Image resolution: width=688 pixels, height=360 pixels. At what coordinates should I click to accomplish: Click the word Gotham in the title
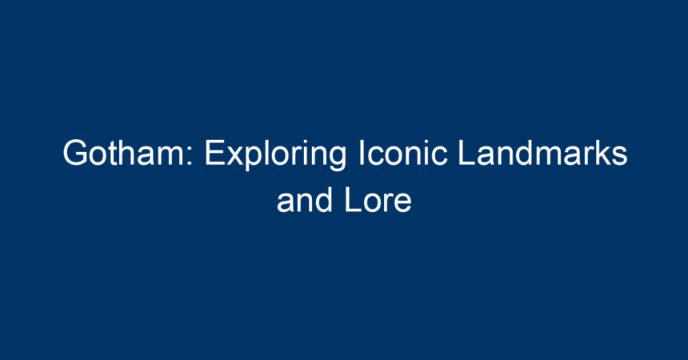[124, 153]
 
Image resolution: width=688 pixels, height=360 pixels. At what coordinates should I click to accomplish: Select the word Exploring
[275, 155]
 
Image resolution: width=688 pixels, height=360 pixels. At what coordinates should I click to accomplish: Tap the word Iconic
[403, 153]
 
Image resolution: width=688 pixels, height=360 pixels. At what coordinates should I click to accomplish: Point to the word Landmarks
[542, 153]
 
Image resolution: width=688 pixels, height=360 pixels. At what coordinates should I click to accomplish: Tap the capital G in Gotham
[75, 153]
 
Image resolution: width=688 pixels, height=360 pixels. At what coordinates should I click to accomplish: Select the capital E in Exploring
[215, 153]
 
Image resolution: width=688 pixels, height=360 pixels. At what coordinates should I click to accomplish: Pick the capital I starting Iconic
[362, 153]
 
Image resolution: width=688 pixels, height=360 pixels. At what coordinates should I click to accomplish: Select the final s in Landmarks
[619, 156]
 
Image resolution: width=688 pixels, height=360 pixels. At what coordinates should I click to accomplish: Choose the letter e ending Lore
[402, 204]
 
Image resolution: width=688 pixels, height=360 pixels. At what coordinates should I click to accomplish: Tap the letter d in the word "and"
[324, 200]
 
